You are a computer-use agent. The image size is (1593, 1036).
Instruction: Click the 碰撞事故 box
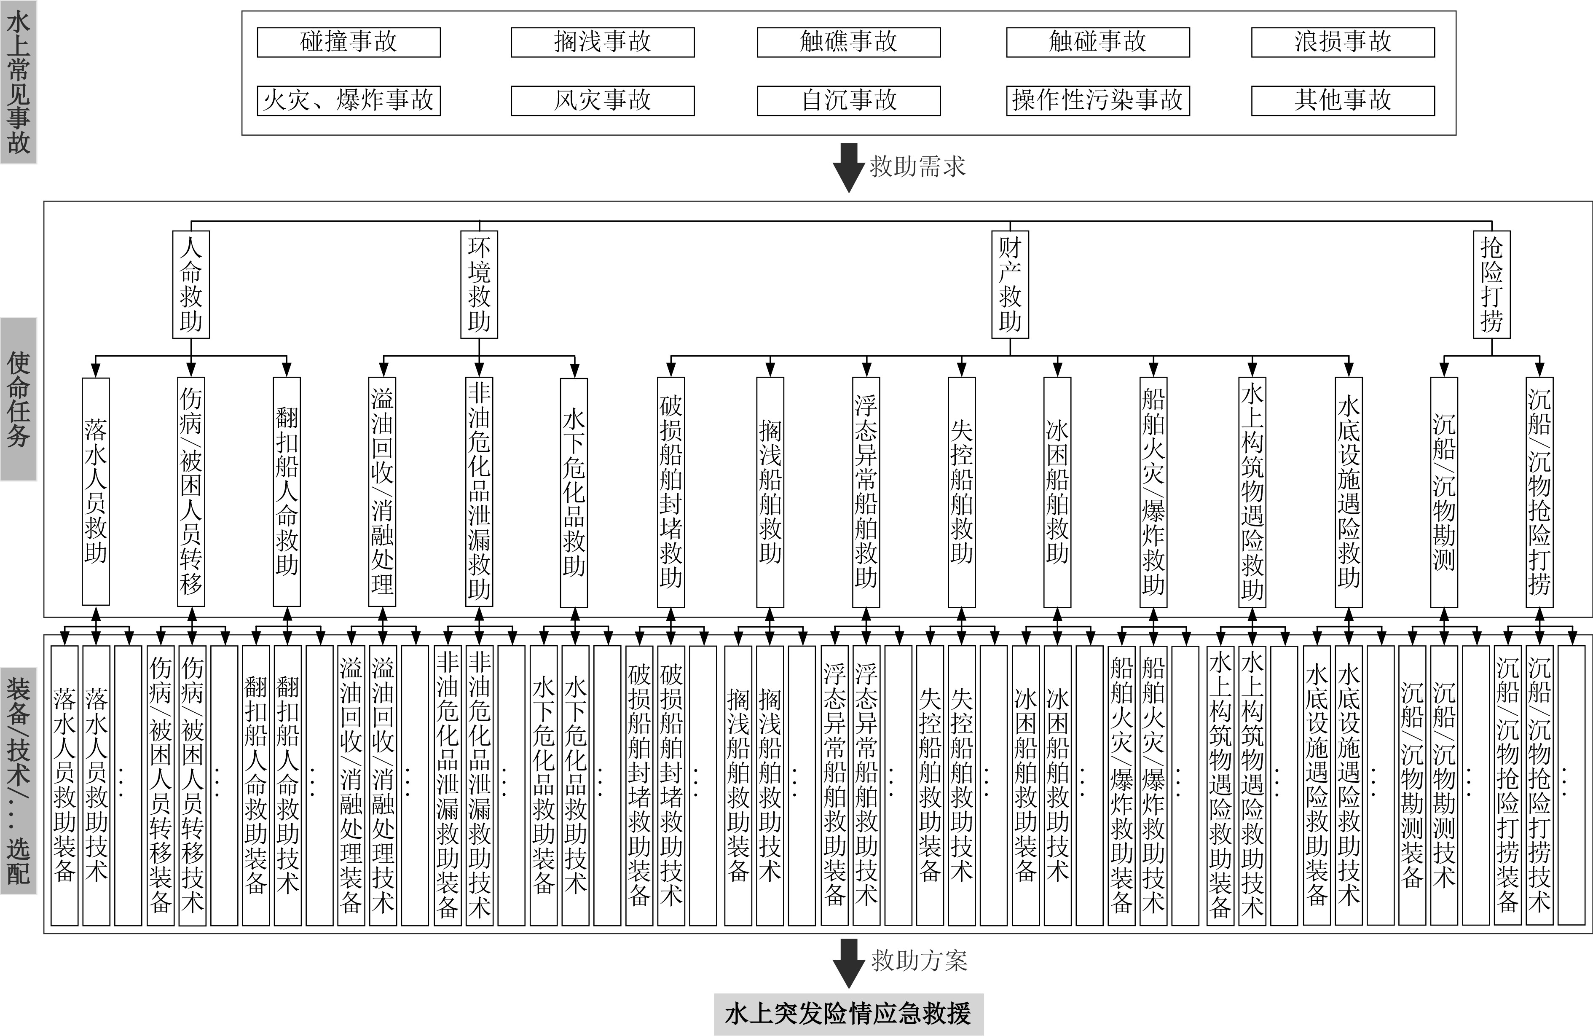click(x=349, y=42)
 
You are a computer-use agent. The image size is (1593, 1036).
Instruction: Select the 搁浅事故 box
click(x=602, y=42)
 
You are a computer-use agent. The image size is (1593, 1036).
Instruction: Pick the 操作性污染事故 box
click(x=1098, y=100)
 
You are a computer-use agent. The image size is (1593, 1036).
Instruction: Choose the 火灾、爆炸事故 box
click(x=349, y=100)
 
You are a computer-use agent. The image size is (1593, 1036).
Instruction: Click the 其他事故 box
click(x=1343, y=100)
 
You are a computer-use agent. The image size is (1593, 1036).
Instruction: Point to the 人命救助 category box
click(x=191, y=284)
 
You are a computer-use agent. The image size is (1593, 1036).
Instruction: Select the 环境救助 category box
click(x=479, y=284)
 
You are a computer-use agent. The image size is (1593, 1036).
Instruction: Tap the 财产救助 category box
click(x=1010, y=284)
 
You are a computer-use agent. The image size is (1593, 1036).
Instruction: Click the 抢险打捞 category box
click(x=1492, y=284)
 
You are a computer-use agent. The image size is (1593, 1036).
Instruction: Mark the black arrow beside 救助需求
click(x=849, y=167)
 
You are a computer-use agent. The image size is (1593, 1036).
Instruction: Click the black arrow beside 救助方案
click(x=849, y=962)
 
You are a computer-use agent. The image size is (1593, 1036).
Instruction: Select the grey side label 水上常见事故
click(x=18, y=82)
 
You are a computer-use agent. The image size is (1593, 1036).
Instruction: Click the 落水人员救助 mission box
click(x=96, y=492)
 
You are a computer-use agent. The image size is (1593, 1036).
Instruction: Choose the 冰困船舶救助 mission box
click(x=1057, y=492)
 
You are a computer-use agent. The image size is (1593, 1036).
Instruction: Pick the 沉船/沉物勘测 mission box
click(x=1444, y=492)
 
